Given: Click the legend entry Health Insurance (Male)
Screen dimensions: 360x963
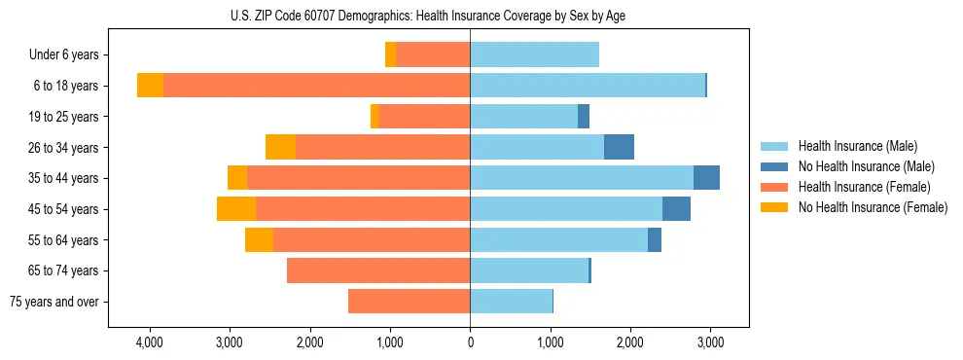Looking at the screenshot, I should click(857, 146).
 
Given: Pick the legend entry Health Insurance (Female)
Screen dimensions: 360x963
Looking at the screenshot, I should click(864, 187).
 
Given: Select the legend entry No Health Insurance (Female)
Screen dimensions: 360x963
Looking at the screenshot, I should click(872, 207).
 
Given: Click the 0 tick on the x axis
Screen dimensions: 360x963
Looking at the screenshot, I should click(470, 342).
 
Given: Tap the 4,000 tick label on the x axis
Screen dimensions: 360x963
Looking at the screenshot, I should click(150, 342).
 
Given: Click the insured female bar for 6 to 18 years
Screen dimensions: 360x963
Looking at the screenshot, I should click(316, 86).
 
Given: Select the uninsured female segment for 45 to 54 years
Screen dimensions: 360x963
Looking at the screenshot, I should click(236, 209).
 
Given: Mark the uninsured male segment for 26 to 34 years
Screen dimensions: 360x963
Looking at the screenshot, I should click(619, 147).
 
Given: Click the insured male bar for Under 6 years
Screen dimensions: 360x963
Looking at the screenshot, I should click(534, 55).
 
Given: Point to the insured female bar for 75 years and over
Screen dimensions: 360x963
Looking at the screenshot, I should click(409, 302).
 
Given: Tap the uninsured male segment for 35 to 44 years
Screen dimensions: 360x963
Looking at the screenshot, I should click(706, 178).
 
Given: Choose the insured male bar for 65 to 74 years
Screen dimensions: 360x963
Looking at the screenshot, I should click(529, 270).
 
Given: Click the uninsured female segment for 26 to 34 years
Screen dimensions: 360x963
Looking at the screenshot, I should click(280, 147).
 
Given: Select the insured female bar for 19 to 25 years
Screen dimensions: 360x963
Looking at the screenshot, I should click(424, 117).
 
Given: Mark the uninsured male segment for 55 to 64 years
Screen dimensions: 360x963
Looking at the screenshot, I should click(655, 239).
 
